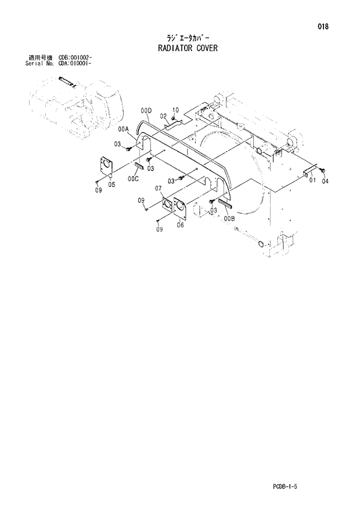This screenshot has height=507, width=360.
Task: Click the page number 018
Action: pos(323,26)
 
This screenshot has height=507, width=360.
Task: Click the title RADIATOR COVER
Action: pos(188,48)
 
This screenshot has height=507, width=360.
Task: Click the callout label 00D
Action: pos(146,110)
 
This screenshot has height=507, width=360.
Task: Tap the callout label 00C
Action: pos(134,179)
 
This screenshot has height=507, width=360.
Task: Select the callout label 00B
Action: pos(228,218)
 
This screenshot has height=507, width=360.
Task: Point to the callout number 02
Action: pos(164,116)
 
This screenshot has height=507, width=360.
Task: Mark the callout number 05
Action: pos(111,185)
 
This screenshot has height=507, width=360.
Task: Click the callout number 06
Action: pos(181,225)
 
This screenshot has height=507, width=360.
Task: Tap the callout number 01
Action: pos(312,181)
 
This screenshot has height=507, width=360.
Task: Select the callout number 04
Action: pos(325,181)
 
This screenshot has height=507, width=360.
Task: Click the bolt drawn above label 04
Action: pos(323,170)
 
